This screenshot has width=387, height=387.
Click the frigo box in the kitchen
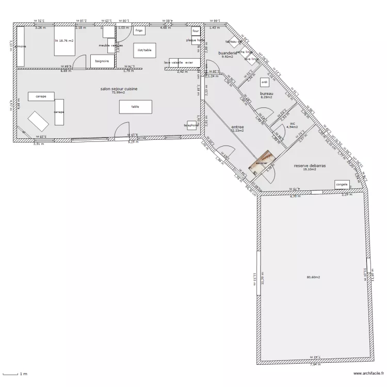coord(139,31)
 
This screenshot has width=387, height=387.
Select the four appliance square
coord(196,30)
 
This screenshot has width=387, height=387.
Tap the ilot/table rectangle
coord(144,50)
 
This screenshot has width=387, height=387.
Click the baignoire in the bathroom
coord(102,61)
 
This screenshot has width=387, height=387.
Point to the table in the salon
coord(135,106)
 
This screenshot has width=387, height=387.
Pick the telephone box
coord(191,125)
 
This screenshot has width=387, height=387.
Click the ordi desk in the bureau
coord(265,82)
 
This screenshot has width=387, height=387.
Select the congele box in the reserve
coord(342,184)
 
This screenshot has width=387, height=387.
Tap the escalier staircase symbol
coord(261,161)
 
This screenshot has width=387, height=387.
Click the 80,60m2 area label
coord(313,278)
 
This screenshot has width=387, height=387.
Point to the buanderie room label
coord(228,53)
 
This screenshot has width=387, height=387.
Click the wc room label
coord(292,124)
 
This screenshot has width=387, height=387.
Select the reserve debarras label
coord(310,166)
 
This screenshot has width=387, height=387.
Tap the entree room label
coord(237,127)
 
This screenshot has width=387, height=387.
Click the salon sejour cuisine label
coord(119,89)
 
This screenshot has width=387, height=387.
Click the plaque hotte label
coord(195,40)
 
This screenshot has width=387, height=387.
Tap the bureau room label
coord(266,93)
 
